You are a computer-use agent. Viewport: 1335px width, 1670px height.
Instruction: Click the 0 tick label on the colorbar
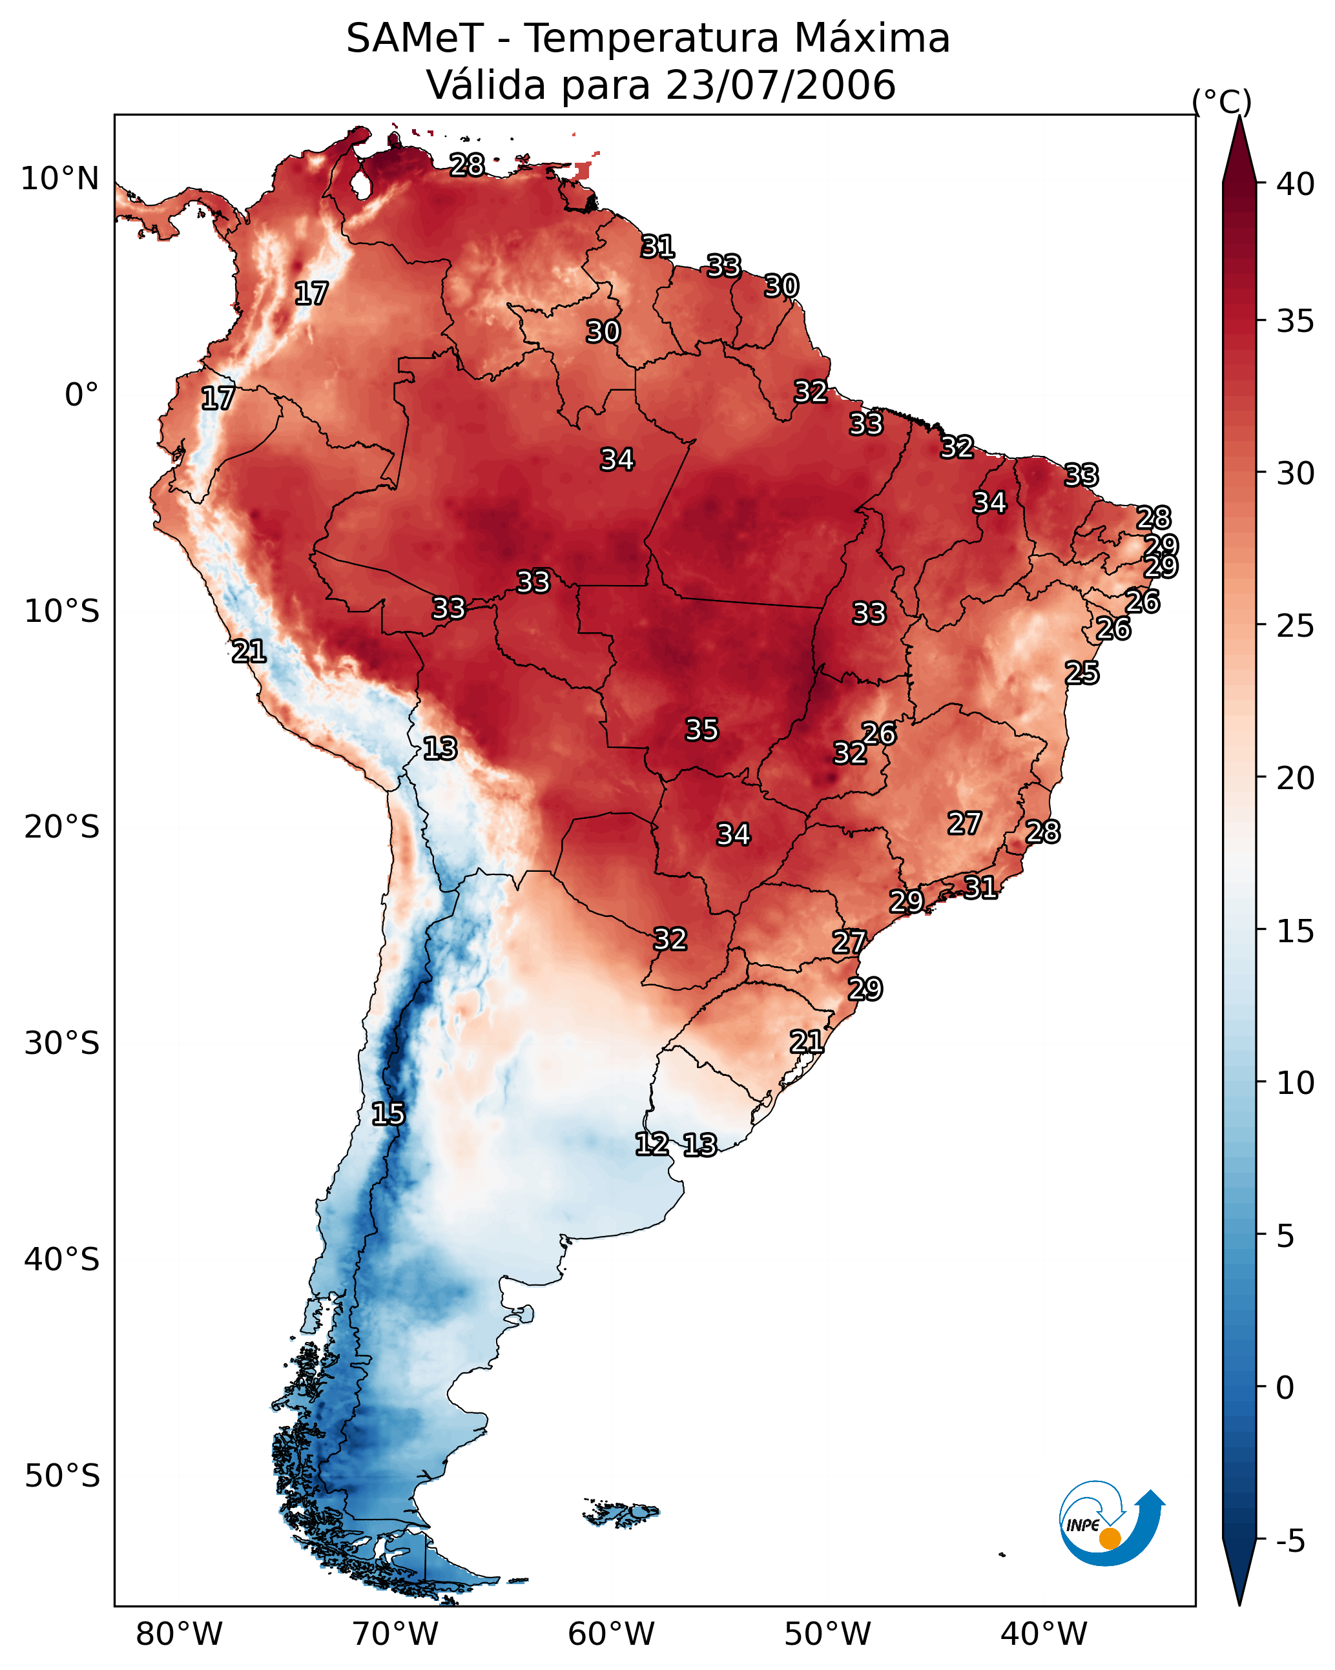pyautogui.click(x=1285, y=1389)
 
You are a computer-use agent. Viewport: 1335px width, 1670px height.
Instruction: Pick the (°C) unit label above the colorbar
pyautogui.click(x=1221, y=101)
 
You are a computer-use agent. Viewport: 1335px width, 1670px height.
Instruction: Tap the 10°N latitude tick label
pyautogui.click(x=59, y=179)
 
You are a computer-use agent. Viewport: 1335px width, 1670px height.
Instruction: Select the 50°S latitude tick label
pyautogui.click(x=62, y=1476)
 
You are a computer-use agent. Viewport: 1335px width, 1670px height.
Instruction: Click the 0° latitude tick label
pyautogui.click(x=81, y=395)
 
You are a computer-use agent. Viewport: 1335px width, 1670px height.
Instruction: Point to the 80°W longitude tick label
pyautogui.click(x=179, y=1634)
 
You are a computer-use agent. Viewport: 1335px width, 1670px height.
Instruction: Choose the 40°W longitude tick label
pyautogui.click(x=1044, y=1634)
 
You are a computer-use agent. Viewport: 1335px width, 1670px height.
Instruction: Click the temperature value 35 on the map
pyautogui.click(x=702, y=730)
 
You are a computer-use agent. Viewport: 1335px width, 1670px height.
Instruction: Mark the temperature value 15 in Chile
pyautogui.click(x=388, y=1114)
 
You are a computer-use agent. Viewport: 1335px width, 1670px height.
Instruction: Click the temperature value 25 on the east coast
pyautogui.click(x=1082, y=672)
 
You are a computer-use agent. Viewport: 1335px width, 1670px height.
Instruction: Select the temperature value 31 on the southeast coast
pyautogui.click(x=980, y=887)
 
